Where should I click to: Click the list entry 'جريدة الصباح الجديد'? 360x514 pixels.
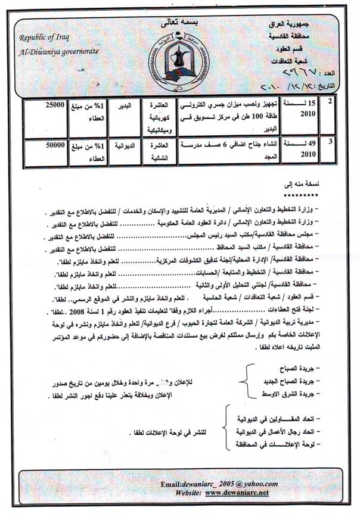(x=290, y=381)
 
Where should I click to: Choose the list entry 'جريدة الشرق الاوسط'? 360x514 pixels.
(x=290, y=394)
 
